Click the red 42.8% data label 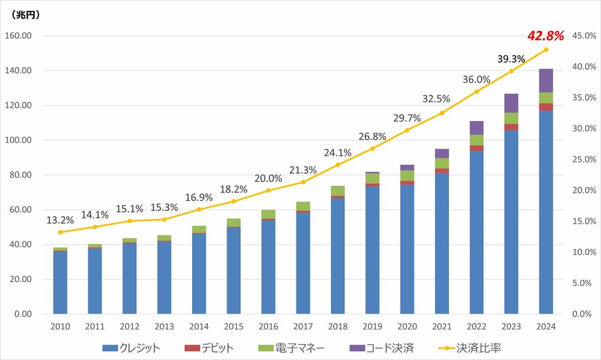[546, 35]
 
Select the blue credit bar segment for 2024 [546, 211]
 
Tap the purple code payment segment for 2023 [511, 103]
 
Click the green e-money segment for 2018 [338, 191]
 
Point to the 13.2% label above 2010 [60, 220]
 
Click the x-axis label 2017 [303, 326]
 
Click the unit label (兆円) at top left [27, 13]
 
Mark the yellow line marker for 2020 [407, 130]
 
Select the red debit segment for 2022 [477, 148]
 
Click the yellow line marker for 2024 [546, 50]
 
